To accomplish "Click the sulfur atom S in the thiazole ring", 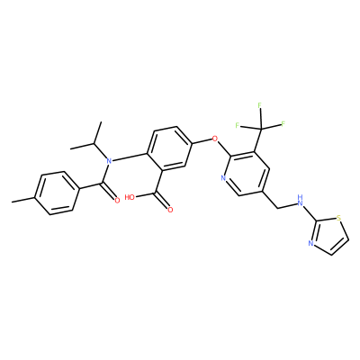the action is (x=338, y=218).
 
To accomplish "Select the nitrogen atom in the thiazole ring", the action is (x=310, y=243).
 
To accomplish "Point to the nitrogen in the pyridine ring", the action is (x=223, y=178).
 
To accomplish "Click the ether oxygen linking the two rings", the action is (x=214, y=139).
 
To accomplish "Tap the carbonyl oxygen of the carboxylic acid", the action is (x=170, y=210).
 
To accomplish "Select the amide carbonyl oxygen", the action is (x=117, y=200).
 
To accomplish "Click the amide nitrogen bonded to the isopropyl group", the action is (x=109, y=161).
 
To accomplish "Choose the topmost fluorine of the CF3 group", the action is (x=260, y=105).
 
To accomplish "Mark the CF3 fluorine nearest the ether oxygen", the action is (x=238, y=125).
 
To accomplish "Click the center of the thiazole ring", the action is (x=330, y=236).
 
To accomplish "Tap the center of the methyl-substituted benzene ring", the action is (x=57, y=193).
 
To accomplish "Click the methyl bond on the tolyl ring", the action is (x=23, y=200).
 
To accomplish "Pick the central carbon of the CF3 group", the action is (x=260, y=130).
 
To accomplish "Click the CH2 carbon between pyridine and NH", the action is (x=277, y=208).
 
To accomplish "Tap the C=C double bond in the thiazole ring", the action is (x=340, y=247).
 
